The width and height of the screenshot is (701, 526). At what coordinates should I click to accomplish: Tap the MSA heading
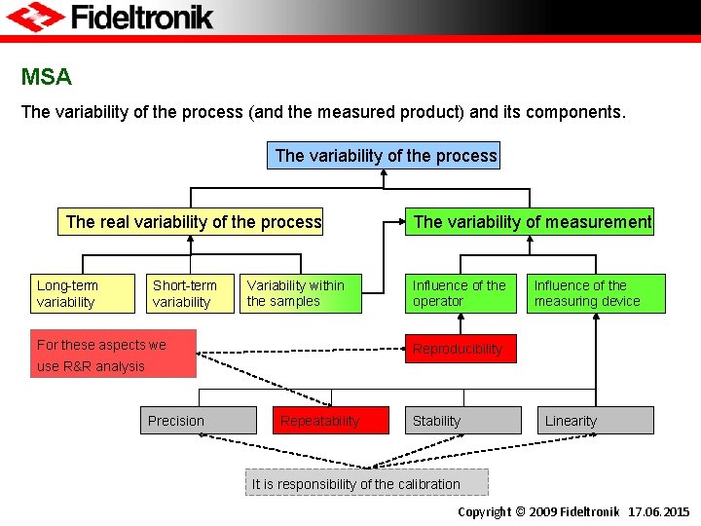(47, 76)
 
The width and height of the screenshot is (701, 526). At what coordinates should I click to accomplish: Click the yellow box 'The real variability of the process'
(193, 222)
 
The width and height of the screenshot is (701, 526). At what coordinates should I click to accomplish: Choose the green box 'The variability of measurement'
(531, 222)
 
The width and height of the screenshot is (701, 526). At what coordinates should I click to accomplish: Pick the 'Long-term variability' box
(83, 293)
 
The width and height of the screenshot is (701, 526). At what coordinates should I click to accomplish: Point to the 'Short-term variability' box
(191, 293)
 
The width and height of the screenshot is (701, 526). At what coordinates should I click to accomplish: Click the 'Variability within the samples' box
(301, 293)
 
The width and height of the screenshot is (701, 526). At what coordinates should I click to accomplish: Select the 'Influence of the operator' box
(461, 293)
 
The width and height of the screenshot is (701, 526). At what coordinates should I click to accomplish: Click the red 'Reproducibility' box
(461, 349)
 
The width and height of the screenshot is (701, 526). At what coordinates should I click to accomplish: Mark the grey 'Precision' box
(199, 421)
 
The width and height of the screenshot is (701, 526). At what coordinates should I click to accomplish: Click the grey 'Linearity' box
(596, 421)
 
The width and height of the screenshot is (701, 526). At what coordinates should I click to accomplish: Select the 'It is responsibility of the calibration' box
(366, 483)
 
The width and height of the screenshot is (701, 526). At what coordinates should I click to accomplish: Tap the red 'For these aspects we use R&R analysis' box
(113, 354)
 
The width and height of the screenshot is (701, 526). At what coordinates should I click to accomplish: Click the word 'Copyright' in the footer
(484, 512)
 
